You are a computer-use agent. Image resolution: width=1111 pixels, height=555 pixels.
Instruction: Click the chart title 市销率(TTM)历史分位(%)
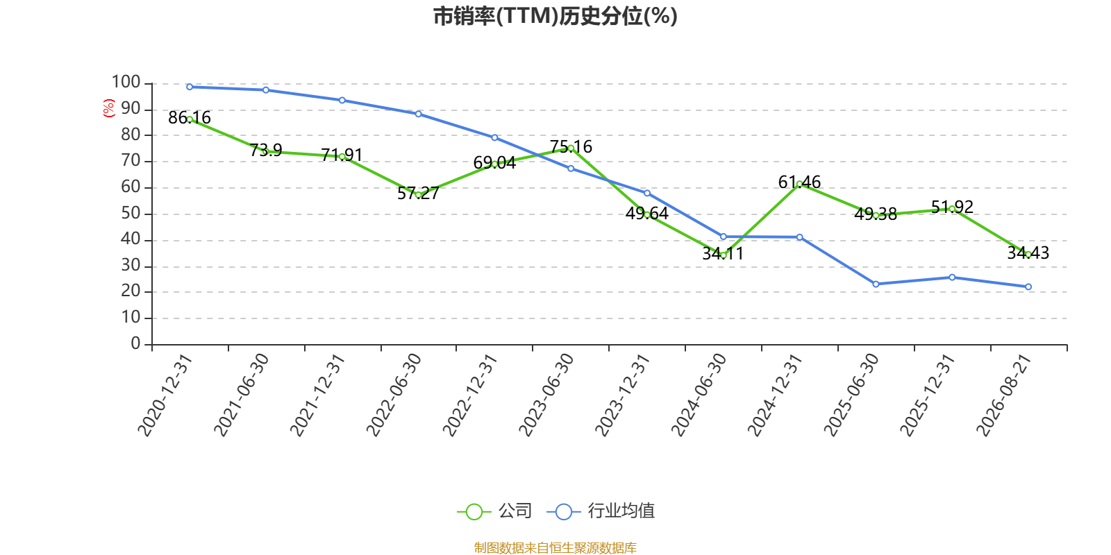tap(555, 17)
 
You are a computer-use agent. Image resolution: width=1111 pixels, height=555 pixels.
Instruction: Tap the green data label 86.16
tap(190, 118)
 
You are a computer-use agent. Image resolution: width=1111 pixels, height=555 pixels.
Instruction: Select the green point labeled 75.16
tap(571, 148)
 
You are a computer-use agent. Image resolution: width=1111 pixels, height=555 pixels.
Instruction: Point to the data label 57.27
tap(418, 194)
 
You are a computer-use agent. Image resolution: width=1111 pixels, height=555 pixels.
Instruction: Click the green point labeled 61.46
tap(799, 184)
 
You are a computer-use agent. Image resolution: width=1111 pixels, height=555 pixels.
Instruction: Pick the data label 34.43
tap(1028, 253)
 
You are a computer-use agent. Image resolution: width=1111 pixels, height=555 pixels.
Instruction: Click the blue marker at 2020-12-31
tap(190, 87)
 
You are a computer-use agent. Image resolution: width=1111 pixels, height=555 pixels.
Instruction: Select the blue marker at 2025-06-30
tap(876, 284)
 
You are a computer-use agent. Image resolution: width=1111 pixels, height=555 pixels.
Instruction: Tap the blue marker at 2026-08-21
tap(1028, 287)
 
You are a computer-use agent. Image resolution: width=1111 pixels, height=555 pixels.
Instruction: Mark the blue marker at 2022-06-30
tap(418, 114)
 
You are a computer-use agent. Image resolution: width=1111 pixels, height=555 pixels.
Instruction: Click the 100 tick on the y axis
tap(126, 83)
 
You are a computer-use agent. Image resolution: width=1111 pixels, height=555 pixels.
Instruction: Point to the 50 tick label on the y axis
tap(131, 214)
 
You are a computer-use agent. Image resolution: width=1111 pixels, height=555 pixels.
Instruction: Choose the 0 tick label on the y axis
tap(135, 343)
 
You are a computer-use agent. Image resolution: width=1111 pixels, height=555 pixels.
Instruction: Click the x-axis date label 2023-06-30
tap(546, 395)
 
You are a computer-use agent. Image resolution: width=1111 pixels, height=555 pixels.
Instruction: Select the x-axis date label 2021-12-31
tap(317, 395)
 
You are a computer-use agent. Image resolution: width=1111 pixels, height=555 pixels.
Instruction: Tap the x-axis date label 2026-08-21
tap(1003, 395)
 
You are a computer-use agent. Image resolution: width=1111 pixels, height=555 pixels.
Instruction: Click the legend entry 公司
tap(494, 511)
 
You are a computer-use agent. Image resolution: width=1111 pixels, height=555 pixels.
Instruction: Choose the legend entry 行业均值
tap(600, 511)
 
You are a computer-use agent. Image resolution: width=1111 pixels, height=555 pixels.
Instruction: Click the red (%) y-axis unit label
tap(108, 108)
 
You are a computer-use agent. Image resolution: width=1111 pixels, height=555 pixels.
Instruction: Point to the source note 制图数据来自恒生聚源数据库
tap(555, 547)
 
